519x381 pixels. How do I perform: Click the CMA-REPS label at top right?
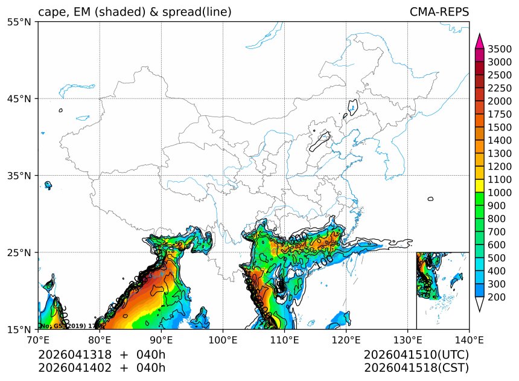tap(439, 12)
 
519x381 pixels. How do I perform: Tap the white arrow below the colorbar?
tap(480, 304)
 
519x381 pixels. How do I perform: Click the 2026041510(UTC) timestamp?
tap(416, 354)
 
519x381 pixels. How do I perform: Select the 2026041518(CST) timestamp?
tap(416, 367)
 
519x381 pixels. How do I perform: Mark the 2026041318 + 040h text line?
tap(101, 354)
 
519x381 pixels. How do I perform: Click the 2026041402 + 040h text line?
tap(101, 367)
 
